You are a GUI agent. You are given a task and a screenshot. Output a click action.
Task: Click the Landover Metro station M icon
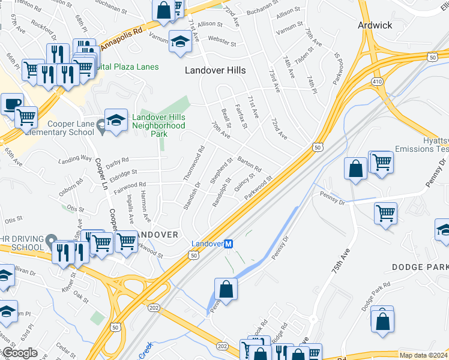[x=228, y=244]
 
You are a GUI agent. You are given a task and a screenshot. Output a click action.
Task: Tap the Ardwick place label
[x=375, y=25]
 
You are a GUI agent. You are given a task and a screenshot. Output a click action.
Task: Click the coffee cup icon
[x=11, y=103]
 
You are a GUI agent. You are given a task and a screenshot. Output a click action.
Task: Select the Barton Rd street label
[x=249, y=163]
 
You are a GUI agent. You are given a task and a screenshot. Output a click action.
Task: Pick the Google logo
[x=19, y=353]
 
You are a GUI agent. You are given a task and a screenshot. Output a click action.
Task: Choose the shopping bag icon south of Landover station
[x=225, y=289]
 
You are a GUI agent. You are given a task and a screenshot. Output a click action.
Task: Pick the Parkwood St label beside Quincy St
[x=259, y=185]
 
